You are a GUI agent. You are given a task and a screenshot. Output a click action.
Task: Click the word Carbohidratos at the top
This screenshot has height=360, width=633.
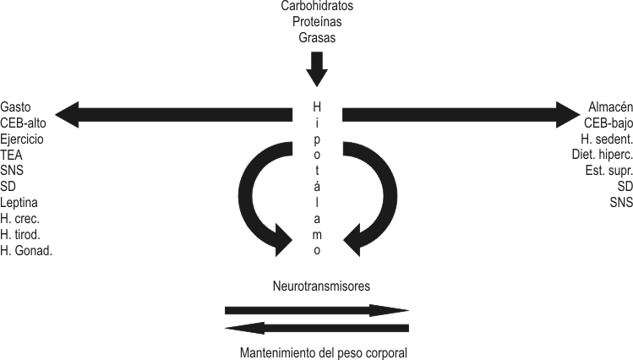317,7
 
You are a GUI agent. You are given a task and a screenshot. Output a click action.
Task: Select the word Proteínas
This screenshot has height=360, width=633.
317,22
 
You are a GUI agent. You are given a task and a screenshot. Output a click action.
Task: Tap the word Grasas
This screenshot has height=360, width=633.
317,37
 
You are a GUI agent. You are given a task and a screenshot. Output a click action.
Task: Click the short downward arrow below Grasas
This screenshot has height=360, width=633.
317,69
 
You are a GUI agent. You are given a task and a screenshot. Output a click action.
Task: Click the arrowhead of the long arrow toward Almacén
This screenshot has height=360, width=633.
566,114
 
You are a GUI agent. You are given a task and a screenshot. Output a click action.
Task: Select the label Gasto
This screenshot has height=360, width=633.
17,107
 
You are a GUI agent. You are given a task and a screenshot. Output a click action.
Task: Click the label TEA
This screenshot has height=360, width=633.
13,155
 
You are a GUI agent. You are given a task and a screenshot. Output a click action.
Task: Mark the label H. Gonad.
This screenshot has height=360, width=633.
27,251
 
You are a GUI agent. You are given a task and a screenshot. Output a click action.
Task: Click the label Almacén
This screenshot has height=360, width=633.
609,107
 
